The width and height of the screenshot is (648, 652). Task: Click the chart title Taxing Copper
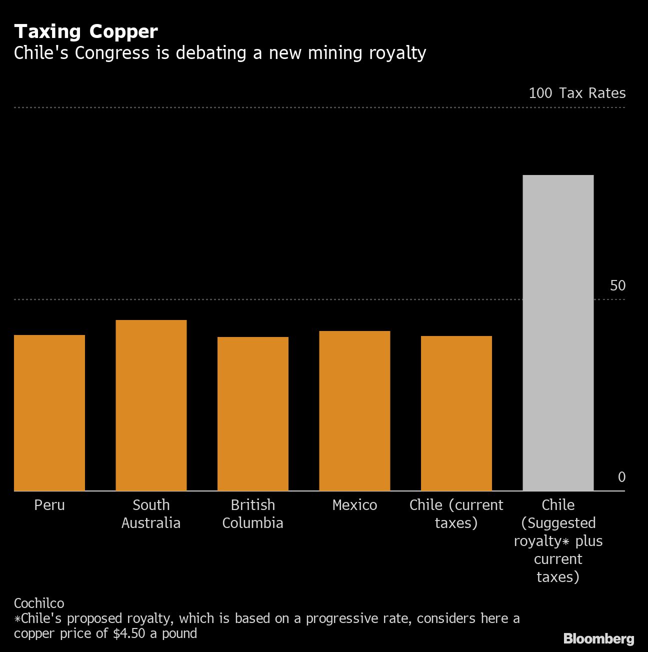point(86,31)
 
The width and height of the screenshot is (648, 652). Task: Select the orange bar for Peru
point(49,412)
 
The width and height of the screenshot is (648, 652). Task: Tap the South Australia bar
point(151,405)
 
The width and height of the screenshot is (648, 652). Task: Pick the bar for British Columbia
point(253,413)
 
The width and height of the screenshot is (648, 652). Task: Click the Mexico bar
point(354,410)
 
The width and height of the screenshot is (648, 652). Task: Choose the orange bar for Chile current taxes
point(456,413)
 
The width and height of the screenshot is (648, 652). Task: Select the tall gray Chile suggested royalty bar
point(558,332)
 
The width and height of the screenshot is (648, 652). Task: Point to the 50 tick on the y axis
point(617,285)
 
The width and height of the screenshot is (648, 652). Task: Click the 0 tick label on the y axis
point(621,477)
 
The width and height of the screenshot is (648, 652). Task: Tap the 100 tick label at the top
point(540,93)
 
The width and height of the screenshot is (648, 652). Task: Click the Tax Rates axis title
point(592,93)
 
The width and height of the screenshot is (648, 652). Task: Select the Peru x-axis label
point(49,505)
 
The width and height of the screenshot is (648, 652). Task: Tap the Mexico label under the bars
point(354,505)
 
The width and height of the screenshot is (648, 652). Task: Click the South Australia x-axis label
point(151,514)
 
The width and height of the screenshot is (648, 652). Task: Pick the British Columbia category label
point(253,514)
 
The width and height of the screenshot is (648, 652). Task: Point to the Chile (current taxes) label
point(456,514)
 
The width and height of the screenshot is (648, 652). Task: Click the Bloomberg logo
point(598,638)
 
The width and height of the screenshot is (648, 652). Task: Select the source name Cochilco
point(39,603)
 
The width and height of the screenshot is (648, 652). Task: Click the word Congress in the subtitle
point(112,53)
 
